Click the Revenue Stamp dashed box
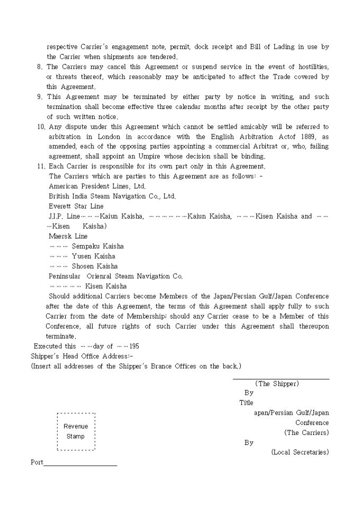76,431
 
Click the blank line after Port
80,465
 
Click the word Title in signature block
246,403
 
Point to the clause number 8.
39,67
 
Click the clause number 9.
39,97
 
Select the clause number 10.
41,126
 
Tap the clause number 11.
41,166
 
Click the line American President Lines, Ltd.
97,186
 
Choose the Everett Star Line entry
76,206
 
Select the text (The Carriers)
306,433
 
